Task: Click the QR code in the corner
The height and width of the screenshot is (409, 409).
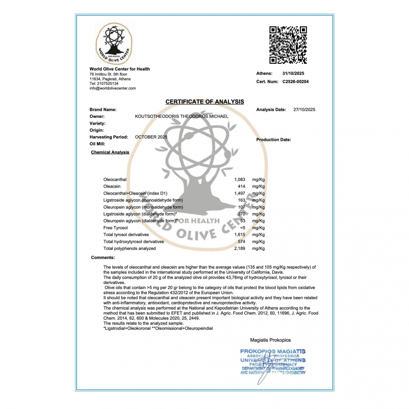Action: point(288,45)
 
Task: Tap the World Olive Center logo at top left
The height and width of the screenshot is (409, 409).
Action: point(113,44)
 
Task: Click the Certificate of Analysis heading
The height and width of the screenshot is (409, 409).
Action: point(204,102)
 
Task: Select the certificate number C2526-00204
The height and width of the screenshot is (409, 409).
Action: point(296,82)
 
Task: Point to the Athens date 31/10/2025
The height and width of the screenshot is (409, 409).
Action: point(293,73)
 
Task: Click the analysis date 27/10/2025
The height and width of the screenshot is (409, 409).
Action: point(304,110)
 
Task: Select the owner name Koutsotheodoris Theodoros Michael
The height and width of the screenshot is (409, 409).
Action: point(182,117)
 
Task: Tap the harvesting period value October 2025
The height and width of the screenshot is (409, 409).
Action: point(151,137)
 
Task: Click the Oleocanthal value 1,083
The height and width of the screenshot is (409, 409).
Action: point(240,180)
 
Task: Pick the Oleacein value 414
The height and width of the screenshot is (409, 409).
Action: point(241,186)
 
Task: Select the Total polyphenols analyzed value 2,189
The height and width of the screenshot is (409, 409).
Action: point(240,248)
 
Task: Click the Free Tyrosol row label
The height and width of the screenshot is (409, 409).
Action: point(116,228)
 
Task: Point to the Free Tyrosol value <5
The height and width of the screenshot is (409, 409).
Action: point(242,228)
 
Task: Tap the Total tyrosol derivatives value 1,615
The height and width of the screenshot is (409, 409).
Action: point(240,235)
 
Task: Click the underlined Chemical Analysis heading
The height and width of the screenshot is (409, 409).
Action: point(110,152)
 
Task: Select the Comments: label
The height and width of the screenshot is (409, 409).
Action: point(103,258)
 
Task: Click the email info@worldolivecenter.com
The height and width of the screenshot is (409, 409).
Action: point(112,88)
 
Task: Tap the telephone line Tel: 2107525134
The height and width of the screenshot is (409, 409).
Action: point(104,84)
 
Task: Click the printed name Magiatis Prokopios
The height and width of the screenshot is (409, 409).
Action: point(270,340)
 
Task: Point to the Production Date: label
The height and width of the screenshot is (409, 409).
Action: point(273,140)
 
